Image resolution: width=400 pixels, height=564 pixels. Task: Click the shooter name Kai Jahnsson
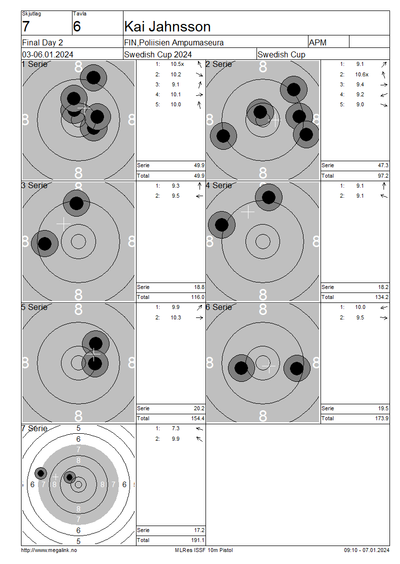pos(167,26)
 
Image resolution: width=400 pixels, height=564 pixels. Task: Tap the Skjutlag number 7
pos(25,26)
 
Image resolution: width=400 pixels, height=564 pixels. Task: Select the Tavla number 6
pos(77,26)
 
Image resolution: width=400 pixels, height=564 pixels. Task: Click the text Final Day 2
pos(42,42)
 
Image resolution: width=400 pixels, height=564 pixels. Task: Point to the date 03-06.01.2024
pos(47,55)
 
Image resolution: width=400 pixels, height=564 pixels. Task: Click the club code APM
pos(317,42)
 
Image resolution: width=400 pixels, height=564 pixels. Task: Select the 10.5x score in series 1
pos(177,64)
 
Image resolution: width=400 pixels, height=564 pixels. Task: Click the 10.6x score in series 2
pos(362,74)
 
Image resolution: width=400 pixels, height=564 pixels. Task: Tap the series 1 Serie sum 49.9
pos(199,166)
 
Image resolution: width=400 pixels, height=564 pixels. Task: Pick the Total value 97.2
pos(383,176)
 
